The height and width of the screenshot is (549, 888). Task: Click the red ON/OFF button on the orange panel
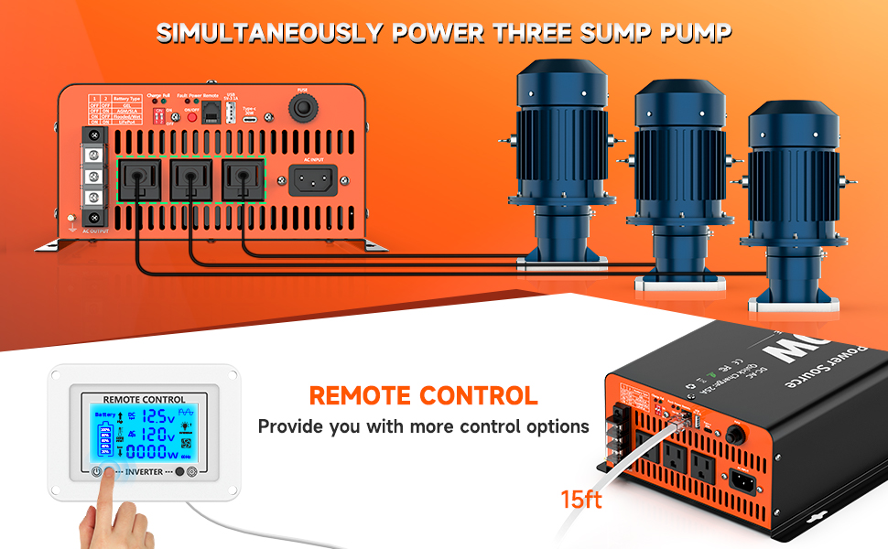coord(191,117)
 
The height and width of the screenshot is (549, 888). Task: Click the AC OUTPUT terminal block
coord(92,178)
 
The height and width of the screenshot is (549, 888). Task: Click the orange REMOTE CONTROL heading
coord(423,396)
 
